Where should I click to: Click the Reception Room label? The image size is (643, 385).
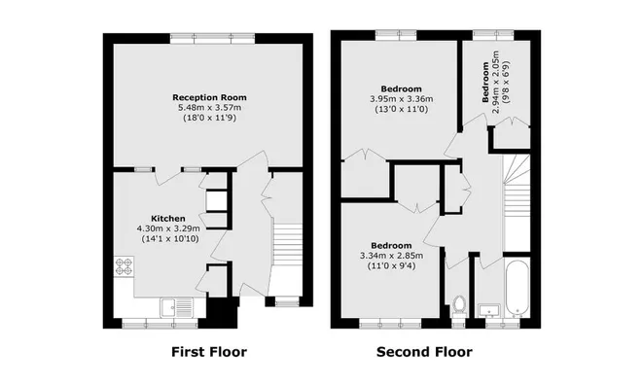209,97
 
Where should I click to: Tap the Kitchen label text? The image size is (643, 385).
168,219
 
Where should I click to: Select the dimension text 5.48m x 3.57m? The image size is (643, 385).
209,108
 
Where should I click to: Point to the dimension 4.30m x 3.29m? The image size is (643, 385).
168,228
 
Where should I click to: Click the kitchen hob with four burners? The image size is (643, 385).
124,266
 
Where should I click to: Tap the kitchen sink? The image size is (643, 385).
177,307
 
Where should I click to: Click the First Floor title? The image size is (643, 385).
209,352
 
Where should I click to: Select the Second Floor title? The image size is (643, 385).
424,352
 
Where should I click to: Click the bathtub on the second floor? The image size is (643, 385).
518,288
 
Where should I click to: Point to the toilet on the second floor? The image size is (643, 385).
458,306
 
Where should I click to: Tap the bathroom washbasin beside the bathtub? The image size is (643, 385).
489,310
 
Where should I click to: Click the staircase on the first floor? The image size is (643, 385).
288,245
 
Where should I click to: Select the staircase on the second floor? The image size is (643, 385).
517,203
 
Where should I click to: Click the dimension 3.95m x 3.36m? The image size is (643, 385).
402,99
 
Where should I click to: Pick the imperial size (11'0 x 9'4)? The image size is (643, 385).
392,266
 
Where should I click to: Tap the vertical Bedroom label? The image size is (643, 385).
485,82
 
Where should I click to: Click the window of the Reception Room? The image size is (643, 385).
212,39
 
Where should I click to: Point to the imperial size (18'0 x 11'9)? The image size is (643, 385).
209,118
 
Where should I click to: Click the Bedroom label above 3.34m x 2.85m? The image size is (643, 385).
391,246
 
